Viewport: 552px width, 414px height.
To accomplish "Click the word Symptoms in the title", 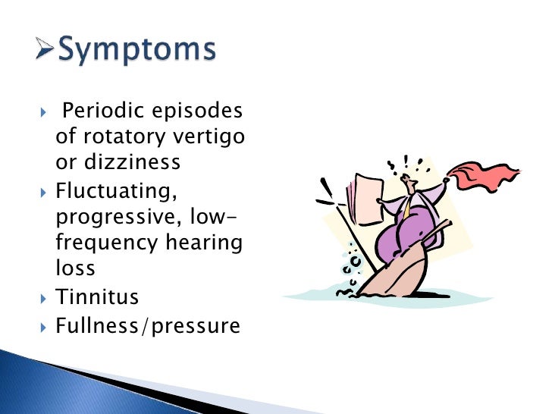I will (137, 52).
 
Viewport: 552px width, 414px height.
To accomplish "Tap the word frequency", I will (110, 243).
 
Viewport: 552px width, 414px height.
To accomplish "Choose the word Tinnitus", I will (98, 296).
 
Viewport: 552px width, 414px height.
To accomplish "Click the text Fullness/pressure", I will (148, 326).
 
